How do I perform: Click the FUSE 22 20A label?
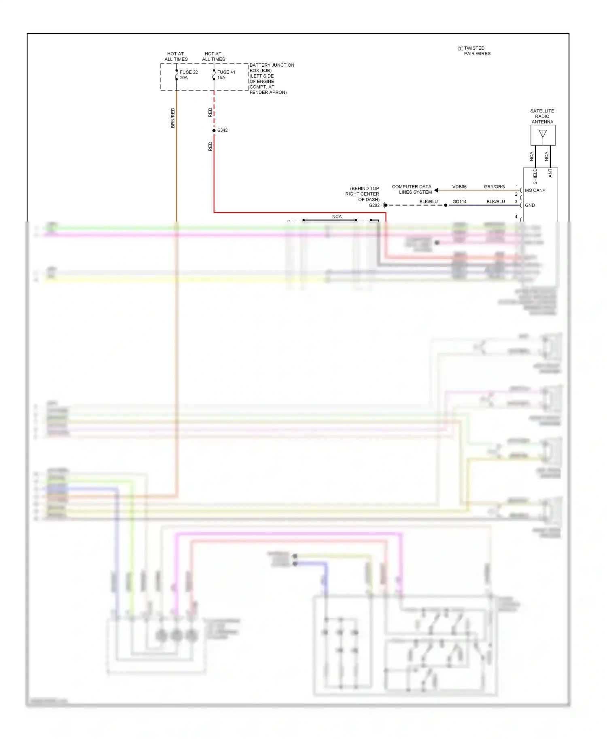189,75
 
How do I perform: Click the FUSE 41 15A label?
226,75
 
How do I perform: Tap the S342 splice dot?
214,131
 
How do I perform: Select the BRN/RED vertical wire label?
173,118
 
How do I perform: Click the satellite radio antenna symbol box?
543,135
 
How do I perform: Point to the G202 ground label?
374,205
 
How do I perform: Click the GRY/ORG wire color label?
494,187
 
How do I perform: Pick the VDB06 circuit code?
459,187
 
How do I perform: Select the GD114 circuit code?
459,202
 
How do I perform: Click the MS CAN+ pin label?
535,190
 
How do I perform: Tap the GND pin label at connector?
530,205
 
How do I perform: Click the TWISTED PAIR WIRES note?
477,51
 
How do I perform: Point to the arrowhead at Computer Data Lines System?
436,190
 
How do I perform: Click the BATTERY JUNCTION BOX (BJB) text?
272,68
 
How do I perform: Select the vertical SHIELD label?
535,176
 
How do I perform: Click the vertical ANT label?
550,173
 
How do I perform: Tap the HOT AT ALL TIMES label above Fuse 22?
176,57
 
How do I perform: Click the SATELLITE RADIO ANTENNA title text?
542,116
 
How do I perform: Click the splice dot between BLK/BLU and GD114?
446,205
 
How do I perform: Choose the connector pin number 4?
516,217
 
